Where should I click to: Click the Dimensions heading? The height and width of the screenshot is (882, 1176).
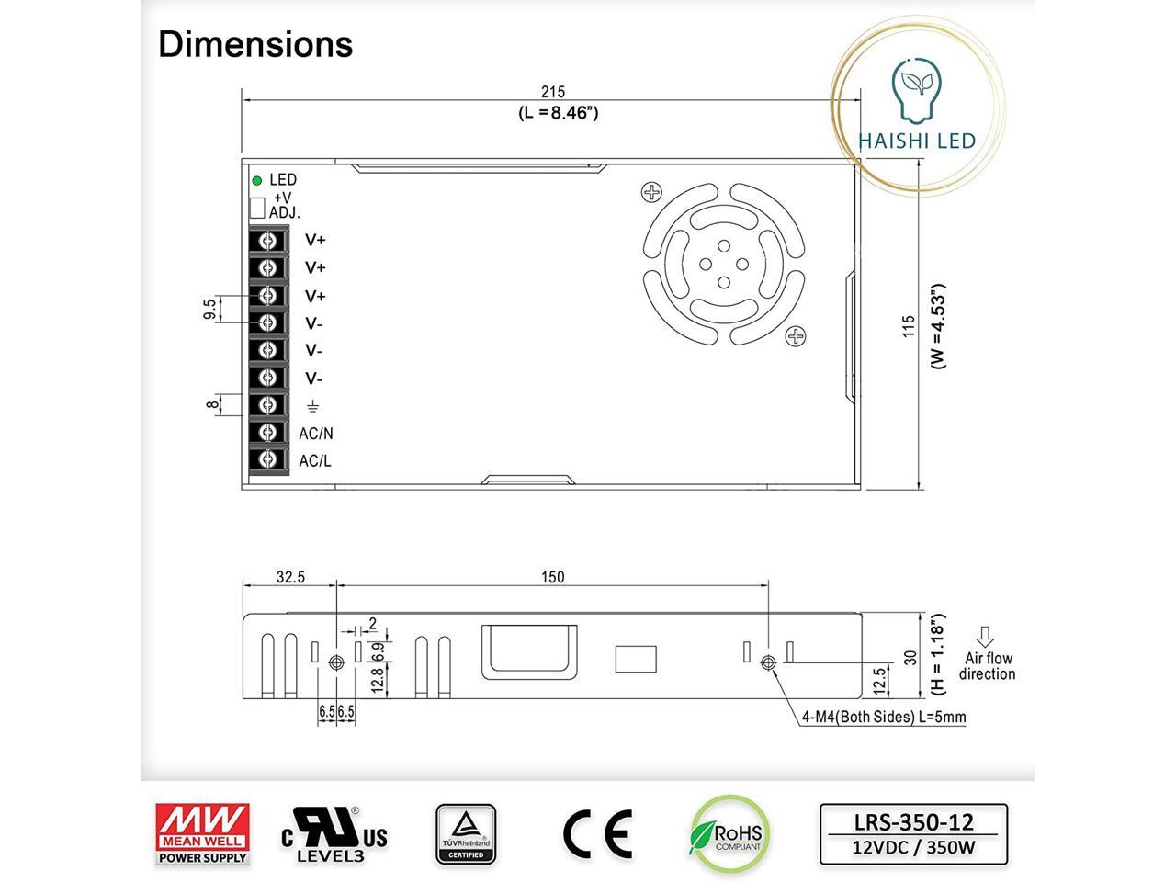tap(255, 44)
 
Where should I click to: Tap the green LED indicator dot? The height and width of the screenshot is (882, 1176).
tap(257, 180)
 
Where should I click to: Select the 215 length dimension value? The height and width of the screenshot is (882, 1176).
tap(553, 92)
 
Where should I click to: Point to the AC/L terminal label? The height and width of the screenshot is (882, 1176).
tap(315, 460)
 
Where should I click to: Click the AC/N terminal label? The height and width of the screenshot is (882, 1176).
tap(315, 434)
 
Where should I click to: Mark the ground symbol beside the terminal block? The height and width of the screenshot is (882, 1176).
tap(313, 406)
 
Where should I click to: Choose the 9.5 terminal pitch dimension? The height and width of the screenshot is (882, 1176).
tap(209, 309)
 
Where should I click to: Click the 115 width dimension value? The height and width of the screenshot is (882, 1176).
tap(908, 325)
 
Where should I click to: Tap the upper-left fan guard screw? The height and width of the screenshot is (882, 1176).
tap(651, 192)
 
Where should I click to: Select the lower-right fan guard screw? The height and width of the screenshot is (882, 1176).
tap(795, 335)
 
